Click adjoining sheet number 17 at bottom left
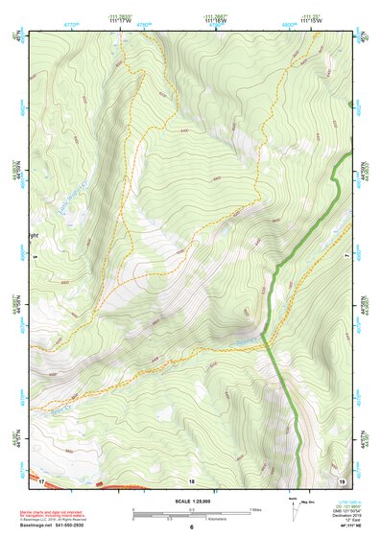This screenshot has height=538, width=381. (41, 480)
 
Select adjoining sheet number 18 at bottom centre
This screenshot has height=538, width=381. (191, 480)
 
